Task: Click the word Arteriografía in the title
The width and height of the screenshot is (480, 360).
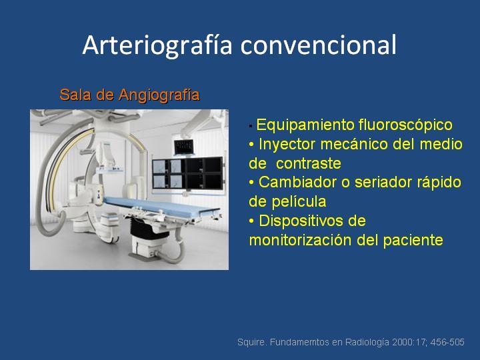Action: click(157, 45)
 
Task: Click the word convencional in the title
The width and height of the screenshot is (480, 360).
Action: click(319, 45)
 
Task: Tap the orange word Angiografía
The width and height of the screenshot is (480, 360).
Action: click(159, 95)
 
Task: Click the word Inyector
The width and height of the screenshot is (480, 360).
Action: click(287, 144)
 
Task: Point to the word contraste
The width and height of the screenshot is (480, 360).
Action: click(308, 163)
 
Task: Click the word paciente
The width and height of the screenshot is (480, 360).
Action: click(413, 240)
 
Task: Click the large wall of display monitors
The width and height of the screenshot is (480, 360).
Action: click(187, 173)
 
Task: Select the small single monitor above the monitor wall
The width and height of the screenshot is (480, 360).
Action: click(183, 147)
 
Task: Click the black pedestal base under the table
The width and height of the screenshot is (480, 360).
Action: click(149, 228)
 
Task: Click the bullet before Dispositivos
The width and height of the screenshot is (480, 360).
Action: click(251, 221)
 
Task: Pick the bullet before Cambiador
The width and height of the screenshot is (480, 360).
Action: click(251, 183)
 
